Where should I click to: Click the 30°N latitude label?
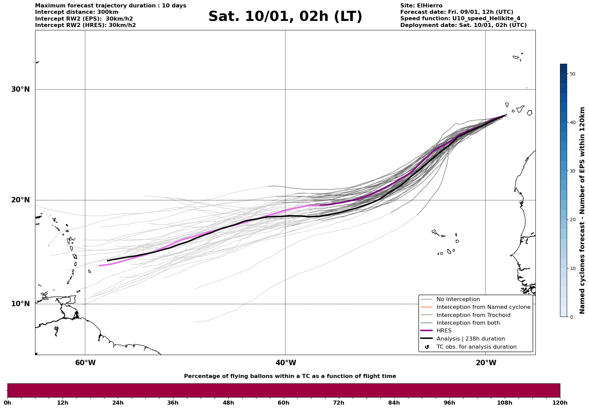[20, 89]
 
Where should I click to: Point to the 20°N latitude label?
[20, 200]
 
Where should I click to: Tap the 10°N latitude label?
[20, 304]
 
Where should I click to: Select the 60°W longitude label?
[85, 363]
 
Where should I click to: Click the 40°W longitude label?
[286, 363]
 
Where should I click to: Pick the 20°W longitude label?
[486, 363]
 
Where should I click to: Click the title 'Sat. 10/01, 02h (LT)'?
[285, 17]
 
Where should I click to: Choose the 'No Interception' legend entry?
[458, 299]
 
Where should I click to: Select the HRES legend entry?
[444, 331]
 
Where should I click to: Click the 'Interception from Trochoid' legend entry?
[473, 315]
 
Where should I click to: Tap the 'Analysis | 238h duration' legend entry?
[470, 339]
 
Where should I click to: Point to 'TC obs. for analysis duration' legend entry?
[476, 347]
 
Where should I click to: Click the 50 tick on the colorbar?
[572, 74]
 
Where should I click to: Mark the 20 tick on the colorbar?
[572, 220]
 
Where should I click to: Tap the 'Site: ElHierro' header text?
[421, 6]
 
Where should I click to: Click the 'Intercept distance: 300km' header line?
[76, 12]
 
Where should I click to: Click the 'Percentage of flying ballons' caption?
[290, 376]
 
